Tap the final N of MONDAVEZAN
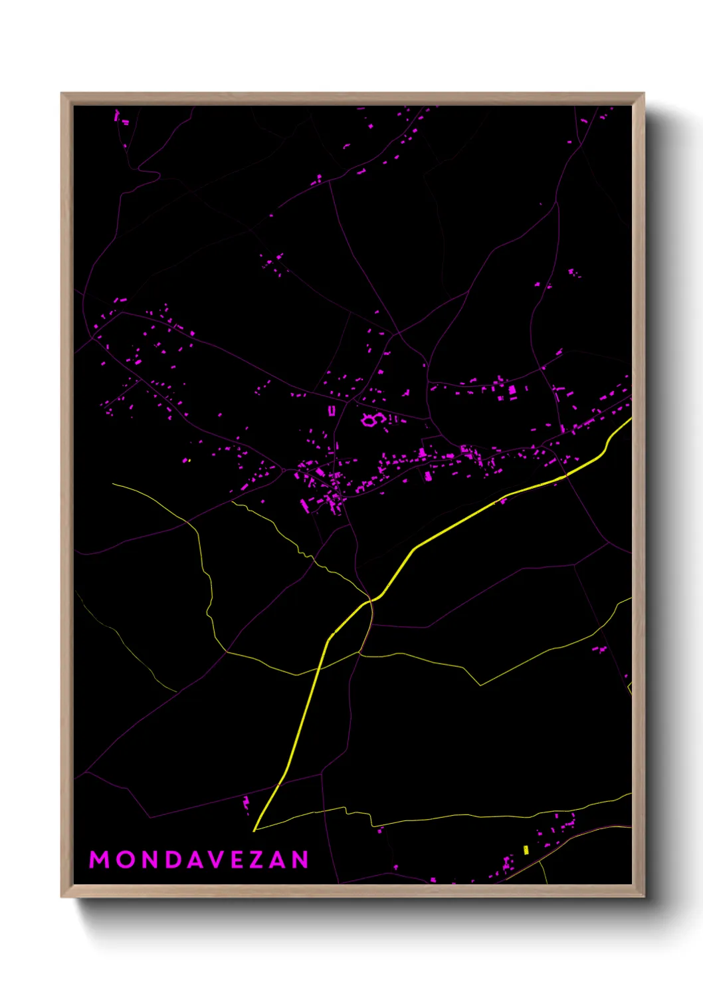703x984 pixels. [301, 860]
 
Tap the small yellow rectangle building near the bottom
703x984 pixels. [526, 850]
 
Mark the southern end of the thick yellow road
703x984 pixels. [254, 830]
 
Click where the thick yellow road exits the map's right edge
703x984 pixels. [630, 420]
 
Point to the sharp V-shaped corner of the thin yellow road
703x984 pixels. [480, 685]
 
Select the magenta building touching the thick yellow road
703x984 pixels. [503, 499]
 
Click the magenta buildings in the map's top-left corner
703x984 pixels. [120, 118]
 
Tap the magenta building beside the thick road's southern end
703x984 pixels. [246, 803]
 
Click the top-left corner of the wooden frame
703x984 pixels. [62, 94]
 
